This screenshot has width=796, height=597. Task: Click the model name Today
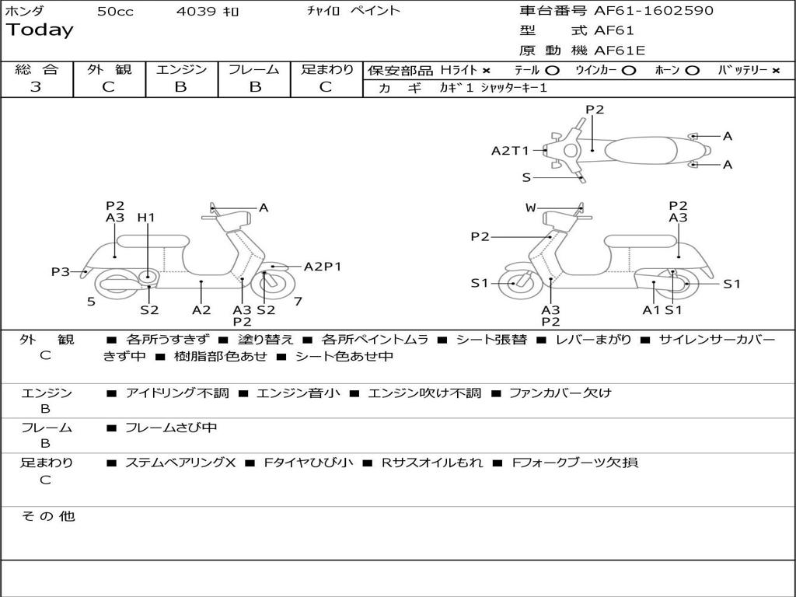[x=40, y=30]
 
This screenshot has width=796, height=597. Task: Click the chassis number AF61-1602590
[x=642, y=11]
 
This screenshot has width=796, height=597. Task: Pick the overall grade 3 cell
[x=36, y=86]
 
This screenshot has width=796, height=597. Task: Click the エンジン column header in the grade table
[x=181, y=69]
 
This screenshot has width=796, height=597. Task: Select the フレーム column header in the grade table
[x=253, y=69]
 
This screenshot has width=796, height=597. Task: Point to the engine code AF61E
[x=620, y=51]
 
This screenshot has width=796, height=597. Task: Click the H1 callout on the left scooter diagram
[x=146, y=218]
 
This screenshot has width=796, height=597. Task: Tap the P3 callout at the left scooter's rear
[x=61, y=272]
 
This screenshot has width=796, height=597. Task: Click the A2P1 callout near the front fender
[x=323, y=267]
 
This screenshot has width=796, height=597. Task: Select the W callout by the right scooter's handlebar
[x=530, y=208]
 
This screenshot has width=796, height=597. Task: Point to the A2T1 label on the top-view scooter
[x=510, y=151]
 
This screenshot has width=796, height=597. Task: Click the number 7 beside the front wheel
[x=298, y=301]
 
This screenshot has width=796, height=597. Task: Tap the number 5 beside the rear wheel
[x=91, y=301]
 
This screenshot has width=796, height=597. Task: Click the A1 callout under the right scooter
[x=651, y=309]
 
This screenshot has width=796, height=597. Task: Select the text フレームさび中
[x=171, y=428]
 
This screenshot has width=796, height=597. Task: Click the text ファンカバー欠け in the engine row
[x=560, y=393]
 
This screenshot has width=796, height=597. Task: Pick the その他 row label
[x=47, y=516]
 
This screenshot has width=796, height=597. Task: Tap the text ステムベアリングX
[x=180, y=463]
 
